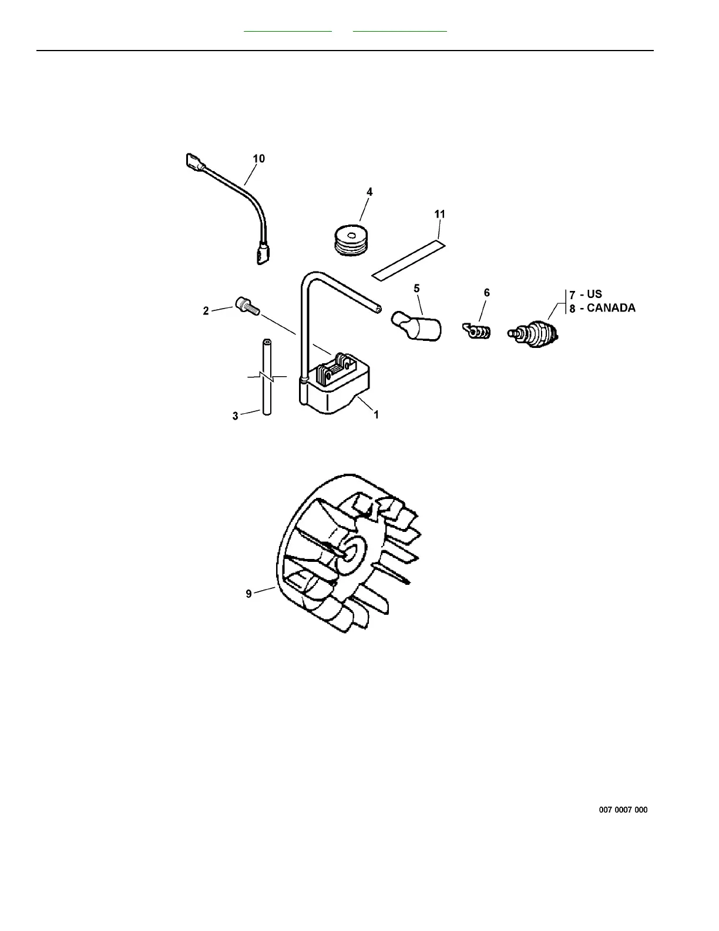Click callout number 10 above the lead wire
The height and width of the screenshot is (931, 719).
pyautogui.click(x=258, y=159)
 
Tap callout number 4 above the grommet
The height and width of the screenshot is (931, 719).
pyautogui.click(x=369, y=192)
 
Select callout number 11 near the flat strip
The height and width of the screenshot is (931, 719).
pyautogui.click(x=440, y=215)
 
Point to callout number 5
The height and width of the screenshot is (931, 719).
pyautogui.click(x=416, y=288)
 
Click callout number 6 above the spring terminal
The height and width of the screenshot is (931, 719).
pyautogui.click(x=486, y=293)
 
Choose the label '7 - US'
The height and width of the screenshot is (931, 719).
pyautogui.click(x=586, y=294)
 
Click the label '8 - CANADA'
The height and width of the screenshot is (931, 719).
pyautogui.click(x=602, y=308)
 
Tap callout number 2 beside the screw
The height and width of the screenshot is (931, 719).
pyautogui.click(x=206, y=311)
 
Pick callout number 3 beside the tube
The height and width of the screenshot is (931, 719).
pyautogui.click(x=236, y=416)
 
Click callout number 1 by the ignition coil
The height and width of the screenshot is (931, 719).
pyautogui.click(x=377, y=415)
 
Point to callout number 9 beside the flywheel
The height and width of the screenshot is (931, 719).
pyautogui.click(x=248, y=594)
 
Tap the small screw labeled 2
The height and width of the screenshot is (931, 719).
pyautogui.click(x=246, y=306)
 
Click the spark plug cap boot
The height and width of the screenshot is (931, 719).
pyautogui.click(x=418, y=326)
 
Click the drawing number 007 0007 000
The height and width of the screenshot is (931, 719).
pyautogui.click(x=623, y=810)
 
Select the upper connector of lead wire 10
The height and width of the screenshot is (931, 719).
pyautogui.click(x=193, y=161)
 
